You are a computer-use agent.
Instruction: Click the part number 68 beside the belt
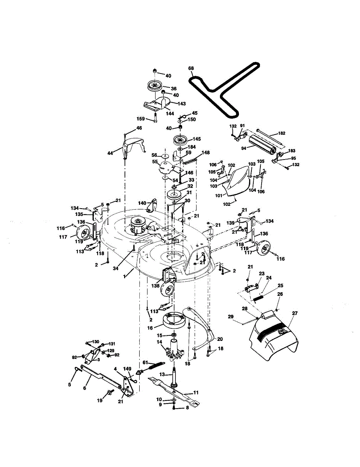tap(191, 68)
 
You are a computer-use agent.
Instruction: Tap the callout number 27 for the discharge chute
tap(294, 313)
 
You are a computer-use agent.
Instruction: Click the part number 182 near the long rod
tap(281, 133)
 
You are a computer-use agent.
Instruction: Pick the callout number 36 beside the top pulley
tap(174, 89)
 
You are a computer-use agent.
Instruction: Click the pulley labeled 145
tap(180, 139)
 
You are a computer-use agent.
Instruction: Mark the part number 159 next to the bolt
tap(140, 119)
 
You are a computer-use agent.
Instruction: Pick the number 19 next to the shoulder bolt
tap(100, 400)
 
